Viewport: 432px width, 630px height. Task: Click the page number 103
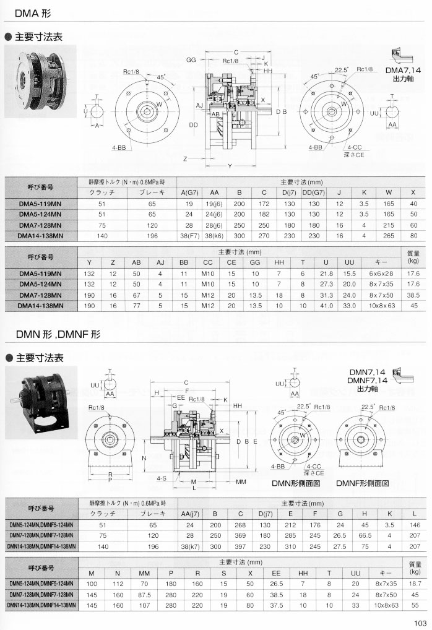[420, 623]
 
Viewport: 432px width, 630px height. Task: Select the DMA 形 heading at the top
[33, 13]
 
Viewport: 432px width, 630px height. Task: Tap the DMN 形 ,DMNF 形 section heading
[58, 334]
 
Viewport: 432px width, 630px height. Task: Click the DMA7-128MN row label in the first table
[40, 225]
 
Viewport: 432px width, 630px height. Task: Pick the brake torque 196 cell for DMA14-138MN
[152, 236]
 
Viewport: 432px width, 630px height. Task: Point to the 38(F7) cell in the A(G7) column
[189, 236]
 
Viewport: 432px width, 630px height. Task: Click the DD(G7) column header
[314, 192]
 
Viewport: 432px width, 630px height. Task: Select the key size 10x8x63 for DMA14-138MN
[382, 305]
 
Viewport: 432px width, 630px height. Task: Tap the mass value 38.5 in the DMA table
[413, 295]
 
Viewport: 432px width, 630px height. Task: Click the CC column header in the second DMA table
[208, 262]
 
